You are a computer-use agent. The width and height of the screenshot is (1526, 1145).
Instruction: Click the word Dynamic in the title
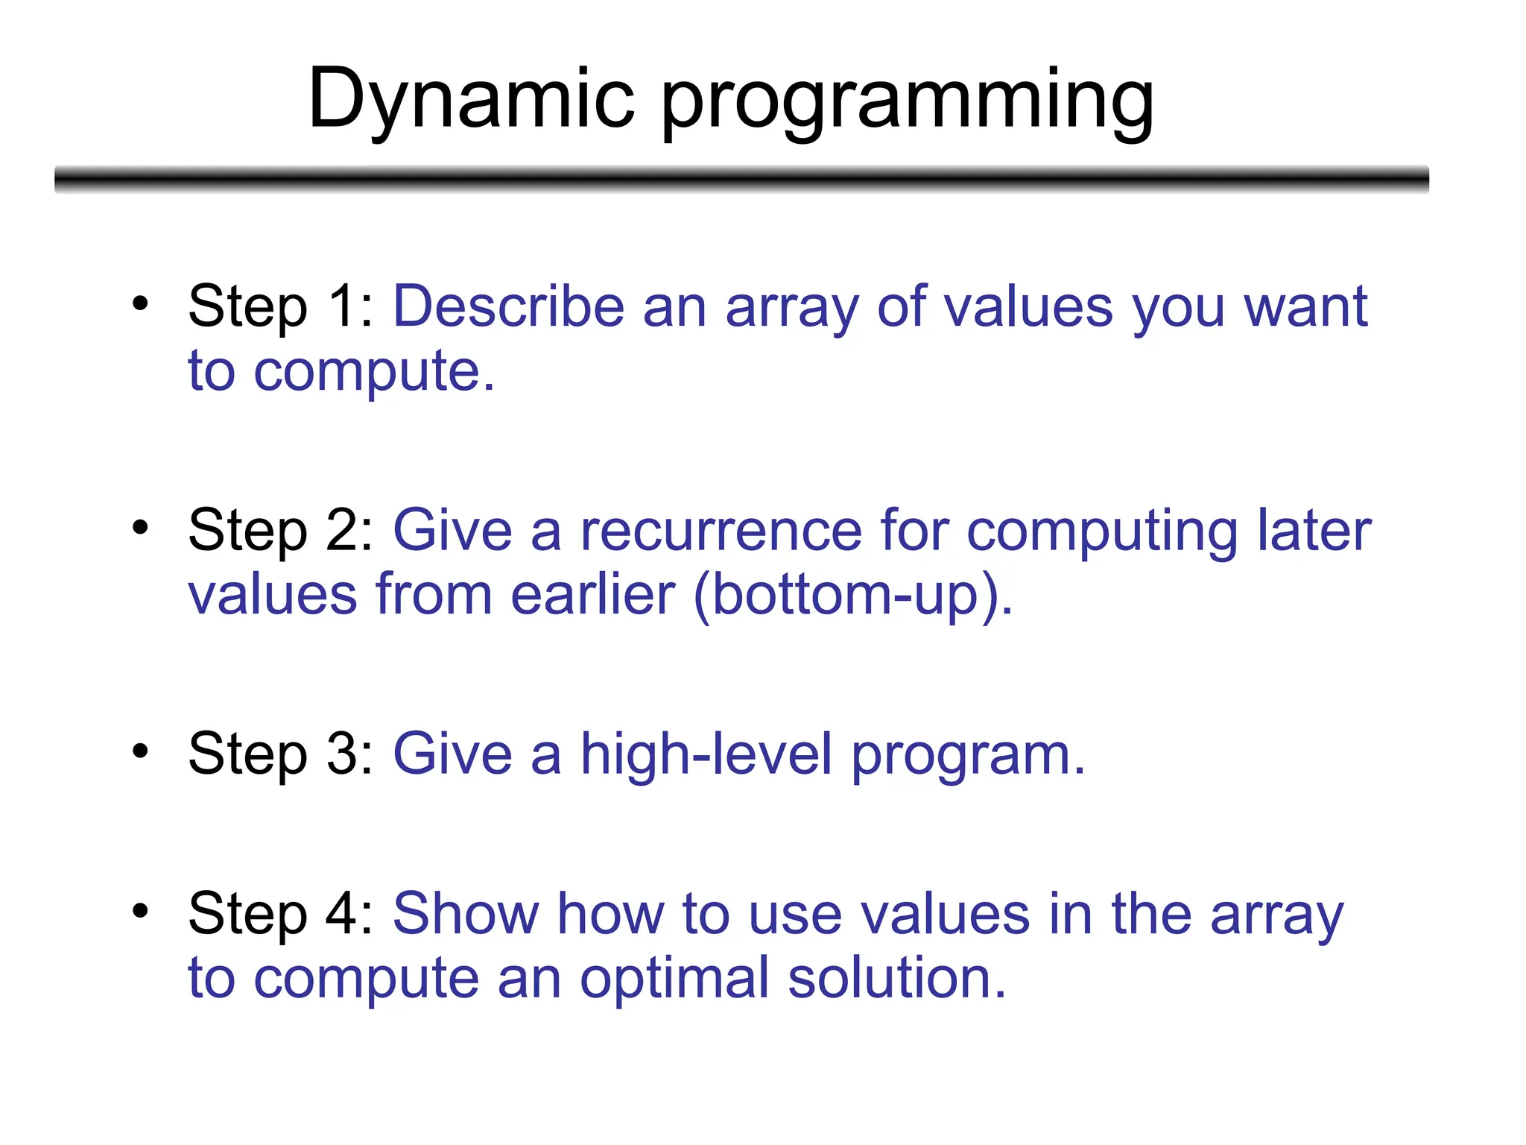coord(471,101)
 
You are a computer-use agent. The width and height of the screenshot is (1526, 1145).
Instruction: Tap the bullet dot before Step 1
coord(140,303)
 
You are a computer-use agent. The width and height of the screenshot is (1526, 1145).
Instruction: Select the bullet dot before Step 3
coord(140,751)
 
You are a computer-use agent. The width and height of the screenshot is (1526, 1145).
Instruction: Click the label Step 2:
coord(280,531)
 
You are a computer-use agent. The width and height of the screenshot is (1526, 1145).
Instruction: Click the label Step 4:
coord(280,914)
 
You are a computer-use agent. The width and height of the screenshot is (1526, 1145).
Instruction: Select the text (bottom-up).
coord(853,595)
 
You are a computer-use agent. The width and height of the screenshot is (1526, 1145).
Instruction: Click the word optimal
coord(674,980)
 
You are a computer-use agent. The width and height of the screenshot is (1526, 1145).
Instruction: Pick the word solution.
coord(896,978)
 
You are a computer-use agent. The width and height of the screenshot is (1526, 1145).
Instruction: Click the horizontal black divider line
coord(741,180)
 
